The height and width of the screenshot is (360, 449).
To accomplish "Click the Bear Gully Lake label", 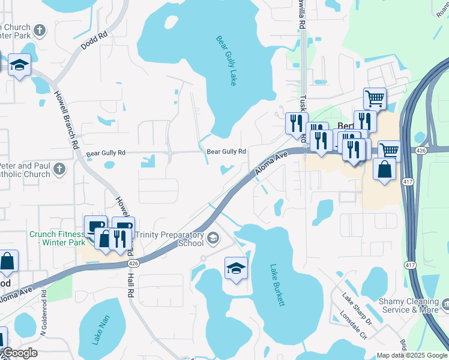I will coord(226,61).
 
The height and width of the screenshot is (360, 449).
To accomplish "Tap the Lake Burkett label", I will coord(277,286).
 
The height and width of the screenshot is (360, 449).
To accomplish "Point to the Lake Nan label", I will coord(97,331).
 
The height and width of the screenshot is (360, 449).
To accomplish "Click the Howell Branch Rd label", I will coord(67,120).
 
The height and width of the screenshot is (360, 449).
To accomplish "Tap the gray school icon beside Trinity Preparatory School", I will coord(212,239).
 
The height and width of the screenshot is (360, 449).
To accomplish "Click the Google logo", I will coord(19,353).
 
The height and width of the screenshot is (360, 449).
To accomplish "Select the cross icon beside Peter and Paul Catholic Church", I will coord(59,169).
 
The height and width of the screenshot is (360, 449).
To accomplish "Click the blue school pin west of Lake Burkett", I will coord(236,269).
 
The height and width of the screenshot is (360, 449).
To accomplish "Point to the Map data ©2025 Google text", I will coord(412,355).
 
